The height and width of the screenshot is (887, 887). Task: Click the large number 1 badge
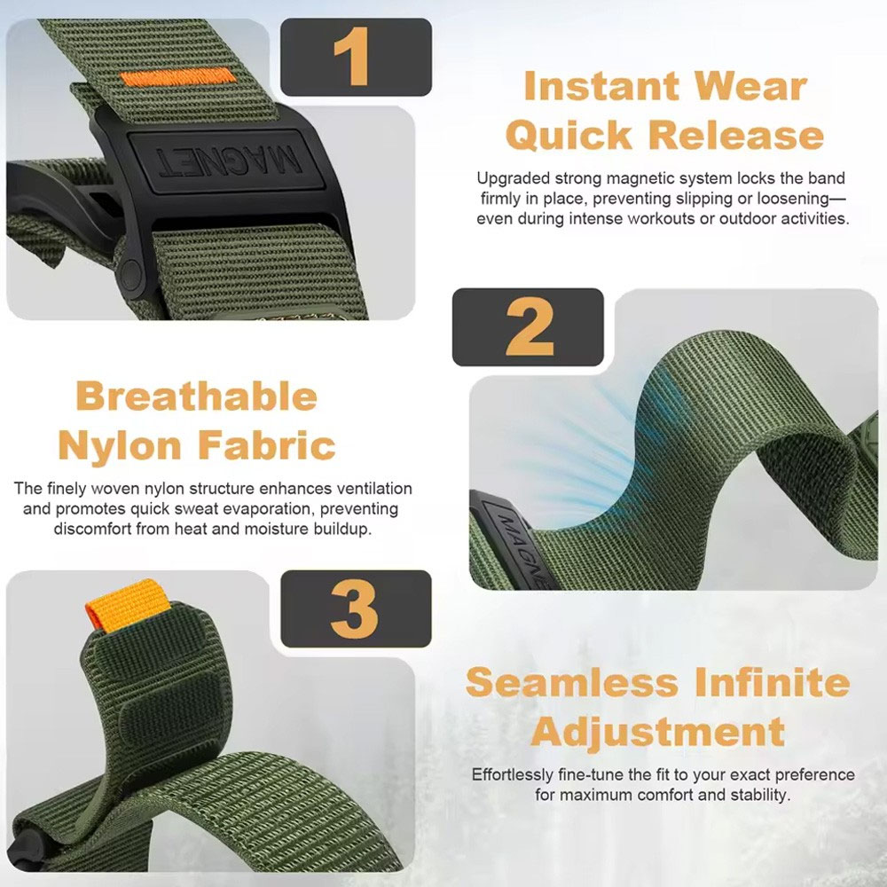[356, 57]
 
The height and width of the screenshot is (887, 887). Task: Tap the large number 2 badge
[529, 327]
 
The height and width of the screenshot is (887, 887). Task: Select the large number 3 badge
[356, 608]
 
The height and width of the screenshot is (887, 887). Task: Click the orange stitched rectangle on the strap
[177, 77]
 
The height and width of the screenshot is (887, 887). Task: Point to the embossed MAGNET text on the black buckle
[229, 161]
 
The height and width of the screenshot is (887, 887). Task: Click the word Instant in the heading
[601, 86]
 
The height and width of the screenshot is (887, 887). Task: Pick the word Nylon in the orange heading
[120, 445]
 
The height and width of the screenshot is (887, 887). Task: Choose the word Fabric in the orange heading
[267, 445]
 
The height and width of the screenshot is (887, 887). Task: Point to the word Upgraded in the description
[513, 179]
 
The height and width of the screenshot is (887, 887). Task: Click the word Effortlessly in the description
[513, 775]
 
